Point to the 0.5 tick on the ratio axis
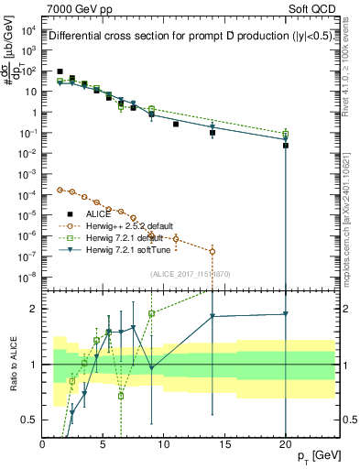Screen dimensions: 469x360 click(31, 420)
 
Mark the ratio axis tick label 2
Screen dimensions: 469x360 click(35, 309)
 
